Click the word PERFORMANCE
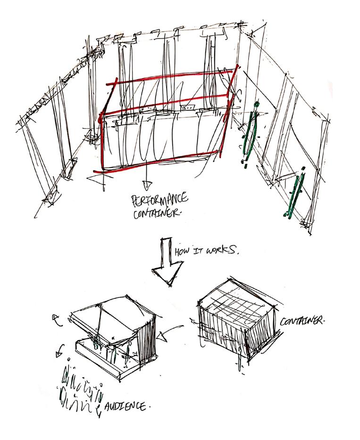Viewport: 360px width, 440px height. (x=159, y=200)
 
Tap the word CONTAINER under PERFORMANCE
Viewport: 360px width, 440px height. (x=157, y=213)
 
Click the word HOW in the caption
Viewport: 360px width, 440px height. (x=183, y=251)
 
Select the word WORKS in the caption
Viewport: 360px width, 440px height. (x=221, y=249)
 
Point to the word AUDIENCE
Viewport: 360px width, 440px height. (x=125, y=406)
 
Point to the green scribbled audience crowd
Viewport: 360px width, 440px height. (x=80, y=389)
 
